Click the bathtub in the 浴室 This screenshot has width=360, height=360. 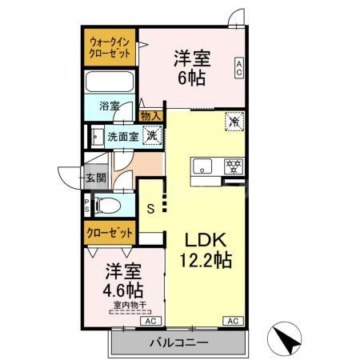click(110, 83)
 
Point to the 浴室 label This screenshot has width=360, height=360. click(109, 106)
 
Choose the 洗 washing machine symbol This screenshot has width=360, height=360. click(149, 135)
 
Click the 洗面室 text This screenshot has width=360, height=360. click(122, 137)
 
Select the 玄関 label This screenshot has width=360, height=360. click(96, 178)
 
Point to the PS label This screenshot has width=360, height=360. click(87, 206)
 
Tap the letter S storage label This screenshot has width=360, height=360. click(150, 210)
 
